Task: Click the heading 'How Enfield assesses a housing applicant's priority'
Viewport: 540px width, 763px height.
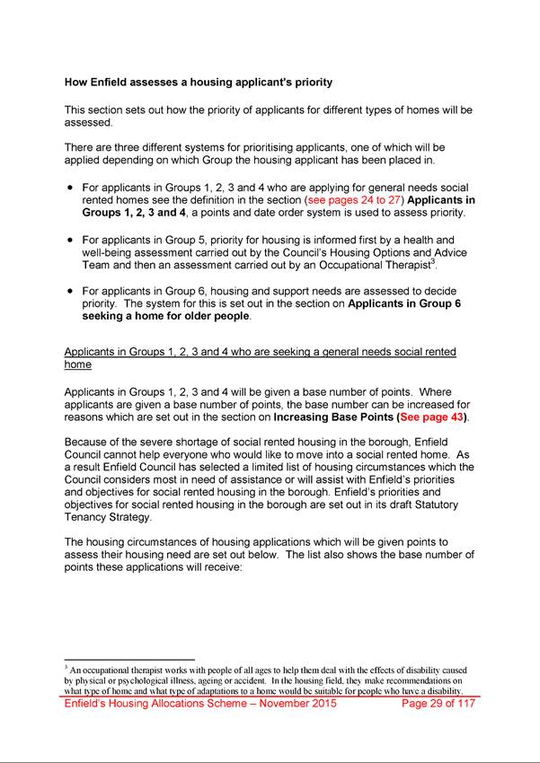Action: (199, 83)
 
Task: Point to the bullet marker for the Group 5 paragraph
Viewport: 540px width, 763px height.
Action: (69, 240)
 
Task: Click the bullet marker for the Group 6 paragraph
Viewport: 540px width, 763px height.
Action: (69, 292)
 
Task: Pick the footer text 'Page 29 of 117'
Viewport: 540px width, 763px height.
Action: (438, 704)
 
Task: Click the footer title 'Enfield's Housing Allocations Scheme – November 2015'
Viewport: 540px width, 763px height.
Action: (200, 704)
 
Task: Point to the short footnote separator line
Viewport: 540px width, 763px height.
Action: (129, 660)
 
